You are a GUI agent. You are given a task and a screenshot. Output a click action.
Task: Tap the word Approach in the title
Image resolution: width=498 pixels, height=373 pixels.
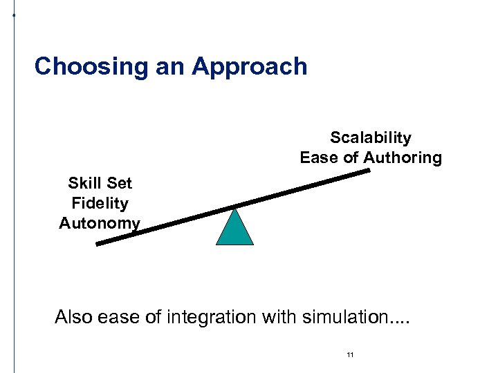(250, 67)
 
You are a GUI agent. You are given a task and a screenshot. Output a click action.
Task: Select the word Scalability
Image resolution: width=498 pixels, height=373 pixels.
(370, 138)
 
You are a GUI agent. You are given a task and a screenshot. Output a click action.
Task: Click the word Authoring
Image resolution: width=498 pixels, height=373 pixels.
(403, 158)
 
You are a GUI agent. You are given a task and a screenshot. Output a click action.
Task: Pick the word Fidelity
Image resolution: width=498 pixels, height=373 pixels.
(100, 204)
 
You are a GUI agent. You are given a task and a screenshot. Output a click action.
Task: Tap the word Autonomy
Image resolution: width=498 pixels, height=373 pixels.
(100, 224)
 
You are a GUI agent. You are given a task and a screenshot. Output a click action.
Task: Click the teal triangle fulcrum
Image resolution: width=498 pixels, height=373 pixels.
(235, 230)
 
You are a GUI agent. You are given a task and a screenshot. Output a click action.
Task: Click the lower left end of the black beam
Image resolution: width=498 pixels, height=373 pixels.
(98, 243)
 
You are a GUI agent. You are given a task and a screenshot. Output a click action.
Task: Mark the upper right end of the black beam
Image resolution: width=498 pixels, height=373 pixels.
(368, 171)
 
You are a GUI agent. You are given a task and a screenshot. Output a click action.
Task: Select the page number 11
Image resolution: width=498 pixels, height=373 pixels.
(350, 355)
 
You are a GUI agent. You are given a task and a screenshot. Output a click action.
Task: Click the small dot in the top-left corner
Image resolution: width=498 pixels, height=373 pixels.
(14, 14)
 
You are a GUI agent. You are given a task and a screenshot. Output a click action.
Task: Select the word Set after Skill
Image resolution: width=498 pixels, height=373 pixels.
(119, 184)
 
